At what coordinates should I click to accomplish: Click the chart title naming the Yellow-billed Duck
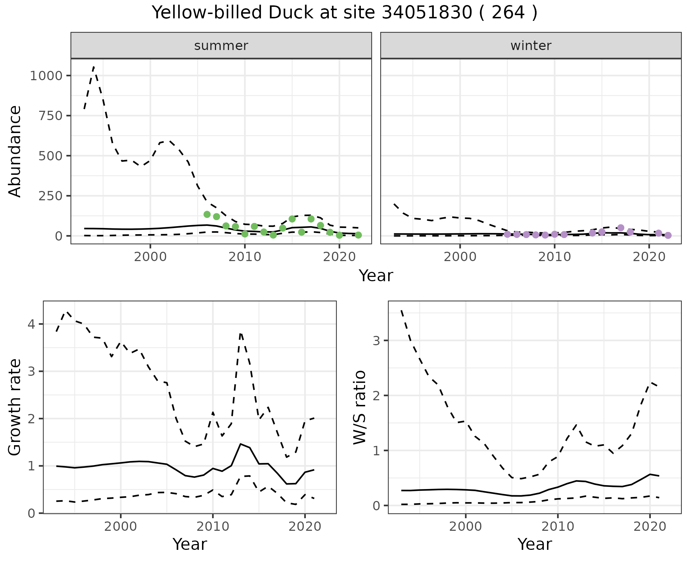[x=345, y=13]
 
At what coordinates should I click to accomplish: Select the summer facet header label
[x=221, y=46]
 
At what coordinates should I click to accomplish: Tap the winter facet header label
[x=531, y=46]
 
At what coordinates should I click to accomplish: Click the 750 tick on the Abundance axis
[x=51, y=116]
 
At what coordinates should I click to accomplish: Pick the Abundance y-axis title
[x=15, y=151]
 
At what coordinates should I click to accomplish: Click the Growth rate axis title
[x=15, y=407]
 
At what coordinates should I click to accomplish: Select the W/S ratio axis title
[x=360, y=407]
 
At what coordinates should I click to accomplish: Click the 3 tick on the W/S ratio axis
[x=376, y=341]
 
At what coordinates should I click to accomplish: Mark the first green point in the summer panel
[x=207, y=214]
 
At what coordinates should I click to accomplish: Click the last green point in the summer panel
[x=358, y=235]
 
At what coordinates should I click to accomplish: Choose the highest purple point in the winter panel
[x=621, y=228]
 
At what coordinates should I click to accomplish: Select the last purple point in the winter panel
[x=668, y=236]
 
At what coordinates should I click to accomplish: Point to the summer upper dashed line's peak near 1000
[x=94, y=67]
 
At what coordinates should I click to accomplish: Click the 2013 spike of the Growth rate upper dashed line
[x=241, y=333]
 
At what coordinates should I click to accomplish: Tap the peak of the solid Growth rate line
[x=241, y=444]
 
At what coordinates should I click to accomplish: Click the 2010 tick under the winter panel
[x=555, y=257]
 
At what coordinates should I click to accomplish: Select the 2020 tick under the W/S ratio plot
[x=649, y=527]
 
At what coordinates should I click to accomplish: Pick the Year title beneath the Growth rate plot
[x=190, y=544]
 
